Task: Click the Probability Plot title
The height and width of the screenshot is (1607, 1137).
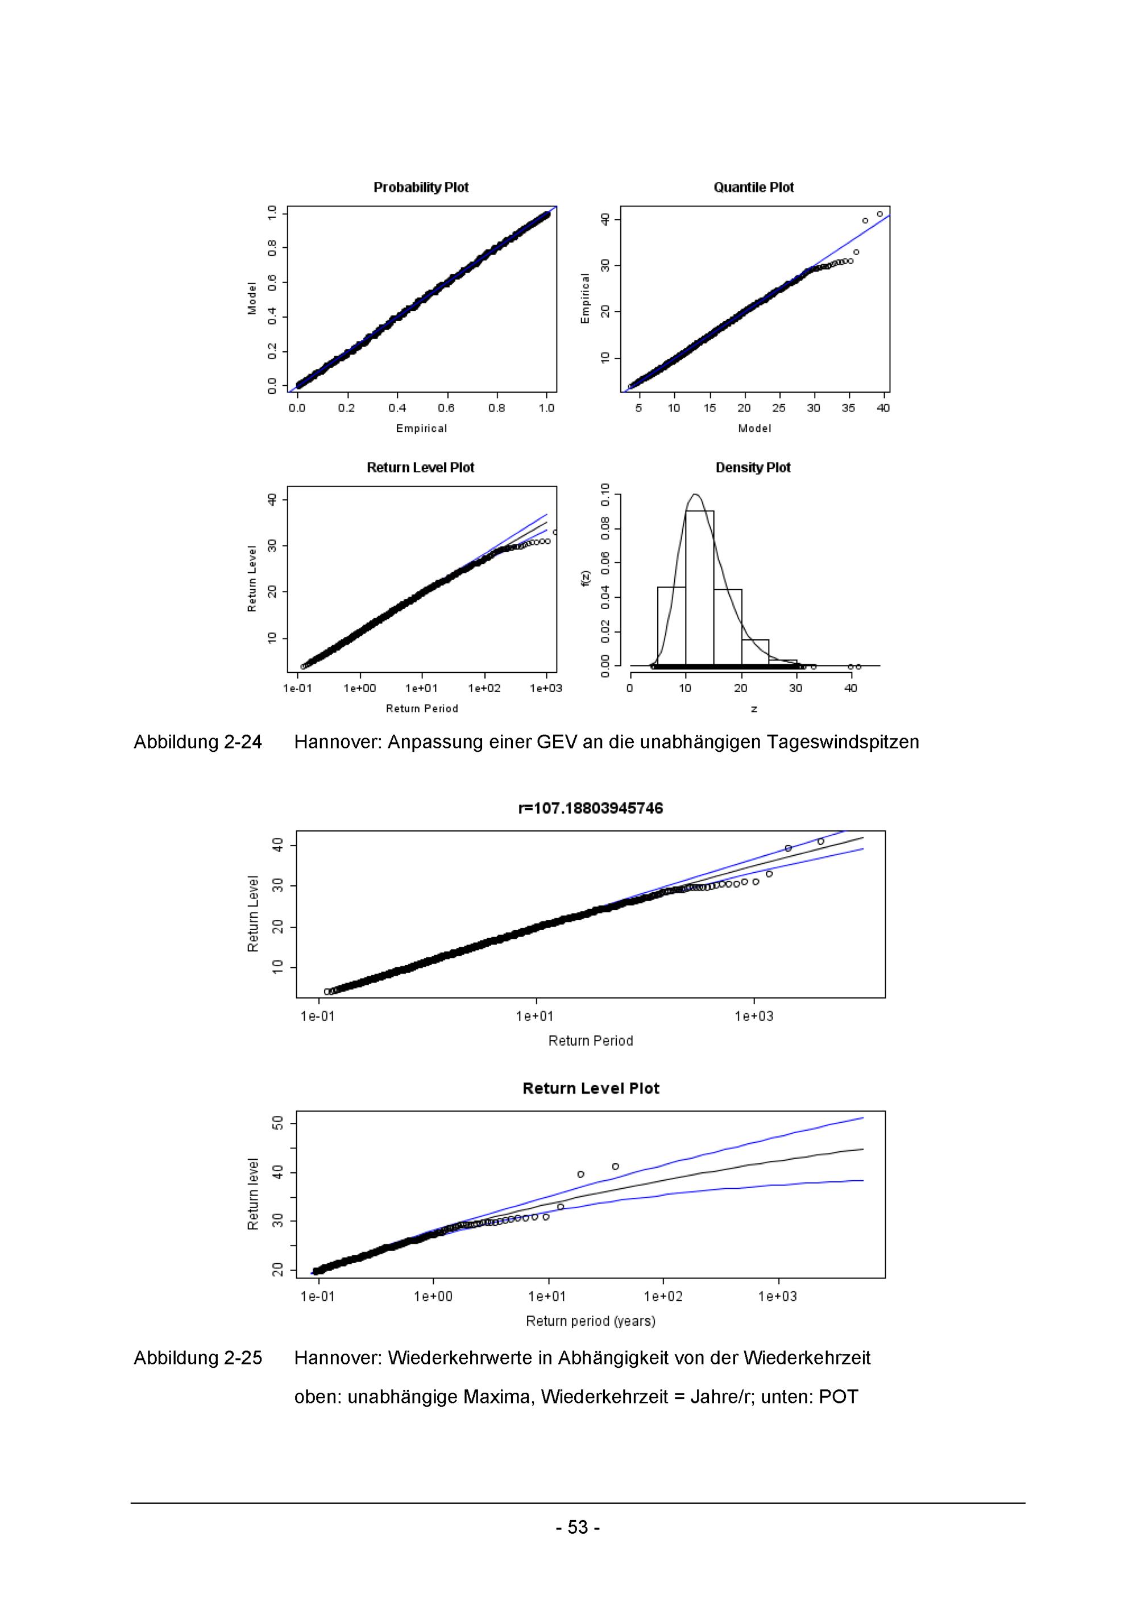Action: (x=421, y=188)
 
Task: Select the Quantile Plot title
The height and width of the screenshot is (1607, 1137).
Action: (x=753, y=188)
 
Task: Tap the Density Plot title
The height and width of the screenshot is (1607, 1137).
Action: (x=753, y=468)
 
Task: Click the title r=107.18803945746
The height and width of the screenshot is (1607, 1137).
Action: (x=590, y=809)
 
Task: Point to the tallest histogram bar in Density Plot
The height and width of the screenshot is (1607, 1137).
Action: (x=699, y=588)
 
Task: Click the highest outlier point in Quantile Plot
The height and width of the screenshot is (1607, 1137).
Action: (x=879, y=214)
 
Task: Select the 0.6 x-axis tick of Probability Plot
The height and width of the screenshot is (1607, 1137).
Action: (x=446, y=408)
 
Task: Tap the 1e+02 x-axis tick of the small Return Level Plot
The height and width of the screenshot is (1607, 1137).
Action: (x=484, y=689)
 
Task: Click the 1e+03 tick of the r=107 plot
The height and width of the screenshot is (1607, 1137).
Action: (x=754, y=1016)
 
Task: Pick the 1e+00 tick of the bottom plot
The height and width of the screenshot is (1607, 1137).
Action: (x=433, y=1297)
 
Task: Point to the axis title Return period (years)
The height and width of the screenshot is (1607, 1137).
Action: (x=590, y=1321)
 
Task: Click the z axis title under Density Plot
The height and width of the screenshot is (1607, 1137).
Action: (x=754, y=709)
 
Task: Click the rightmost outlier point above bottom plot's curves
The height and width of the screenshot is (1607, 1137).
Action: (x=616, y=1167)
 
